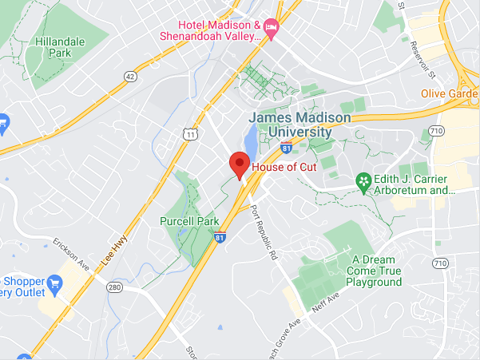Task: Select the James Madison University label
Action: click(300, 125)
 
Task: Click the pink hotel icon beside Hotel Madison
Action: click(272, 30)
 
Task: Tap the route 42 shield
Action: click(130, 76)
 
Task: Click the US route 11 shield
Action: click(189, 135)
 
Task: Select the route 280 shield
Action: click(114, 287)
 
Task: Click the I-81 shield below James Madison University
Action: click(286, 148)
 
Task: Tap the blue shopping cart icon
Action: click(55, 283)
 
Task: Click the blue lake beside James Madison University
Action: click(251, 144)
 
